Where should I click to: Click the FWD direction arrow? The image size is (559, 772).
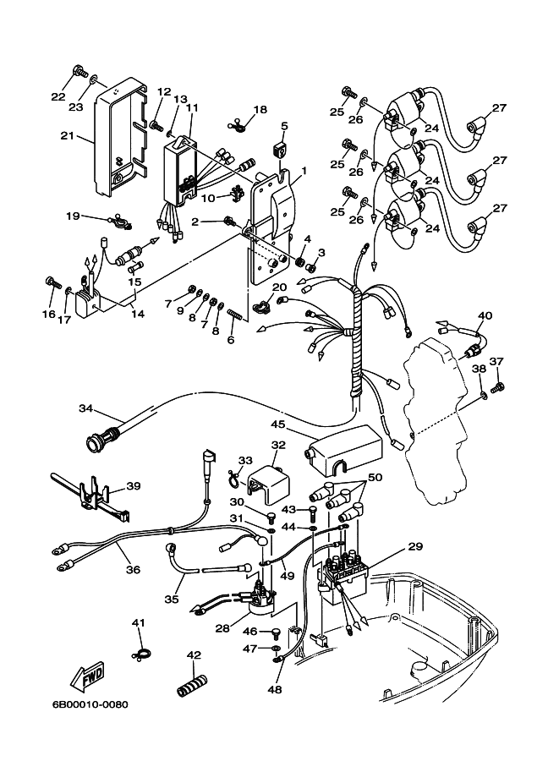click(x=88, y=676)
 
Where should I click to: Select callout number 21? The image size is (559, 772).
click(x=68, y=135)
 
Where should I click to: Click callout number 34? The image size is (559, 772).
click(x=85, y=408)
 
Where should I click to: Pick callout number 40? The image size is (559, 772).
click(x=484, y=316)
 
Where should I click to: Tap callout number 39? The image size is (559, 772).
click(x=134, y=485)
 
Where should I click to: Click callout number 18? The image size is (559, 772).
click(x=259, y=109)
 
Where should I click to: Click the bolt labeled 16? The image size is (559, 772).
click(x=52, y=282)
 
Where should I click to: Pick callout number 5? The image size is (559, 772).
click(x=284, y=126)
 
